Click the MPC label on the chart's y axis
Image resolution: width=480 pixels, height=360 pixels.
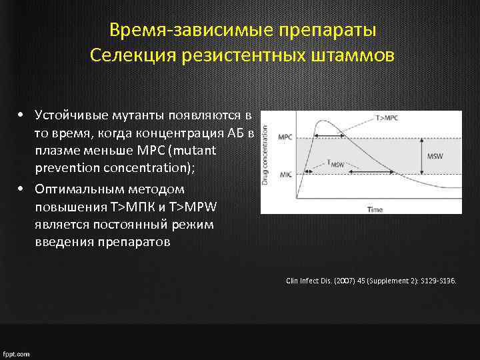[285, 137]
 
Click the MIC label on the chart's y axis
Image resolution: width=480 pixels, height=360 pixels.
[285, 175]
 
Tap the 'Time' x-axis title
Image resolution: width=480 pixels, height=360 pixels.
[375, 209]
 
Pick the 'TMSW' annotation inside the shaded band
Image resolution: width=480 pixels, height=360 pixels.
[337, 162]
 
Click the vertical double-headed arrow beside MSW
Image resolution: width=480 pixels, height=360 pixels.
[421, 157]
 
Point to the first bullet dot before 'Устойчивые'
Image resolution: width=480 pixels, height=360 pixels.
[22, 114]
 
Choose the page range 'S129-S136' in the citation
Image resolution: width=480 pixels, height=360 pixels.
[436, 281]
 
